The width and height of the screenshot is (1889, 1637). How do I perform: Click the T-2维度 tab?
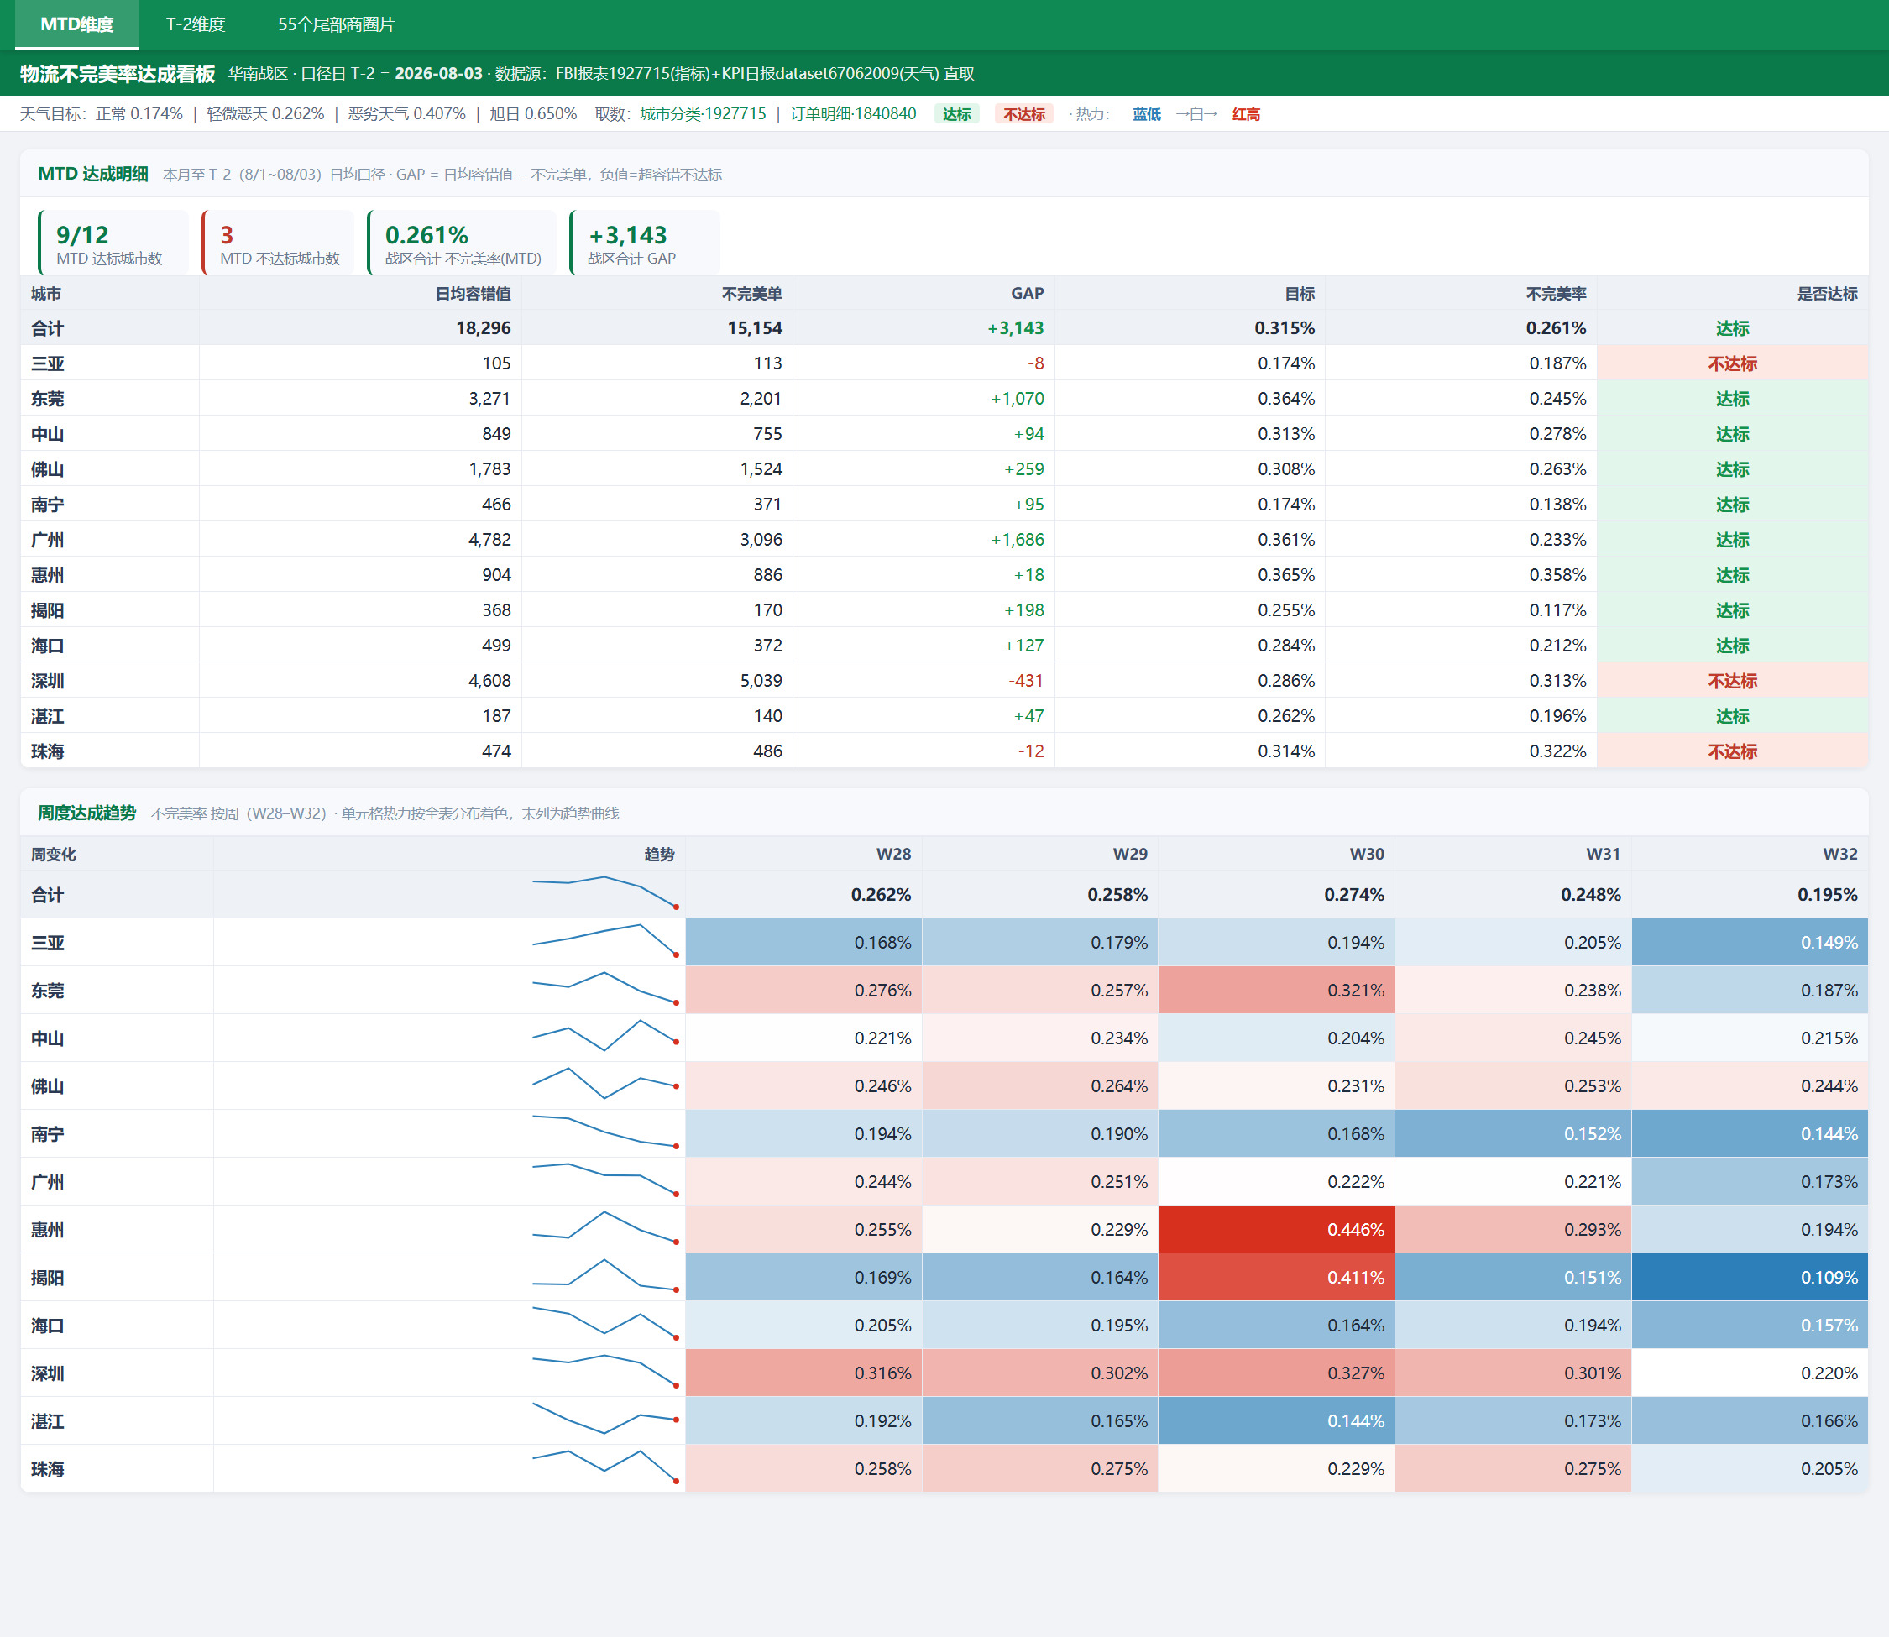pos(196,24)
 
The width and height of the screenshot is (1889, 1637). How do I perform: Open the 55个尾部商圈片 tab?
pos(336,24)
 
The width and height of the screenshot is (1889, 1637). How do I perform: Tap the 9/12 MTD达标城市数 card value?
pos(82,235)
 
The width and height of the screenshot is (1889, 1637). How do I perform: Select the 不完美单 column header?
pos(751,293)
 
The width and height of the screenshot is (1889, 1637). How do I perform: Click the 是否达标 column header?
pos(1827,293)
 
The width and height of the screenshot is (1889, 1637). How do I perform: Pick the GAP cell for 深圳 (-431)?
pos(1026,681)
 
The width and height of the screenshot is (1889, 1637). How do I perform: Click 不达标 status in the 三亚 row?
pos(1732,363)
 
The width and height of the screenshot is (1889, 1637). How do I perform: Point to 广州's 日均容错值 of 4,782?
pos(489,540)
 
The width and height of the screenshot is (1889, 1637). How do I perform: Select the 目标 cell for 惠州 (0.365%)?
pos(1286,574)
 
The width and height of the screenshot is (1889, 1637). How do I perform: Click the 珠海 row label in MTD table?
pos(48,751)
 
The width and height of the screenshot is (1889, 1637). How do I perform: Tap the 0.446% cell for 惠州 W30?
pos(1276,1230)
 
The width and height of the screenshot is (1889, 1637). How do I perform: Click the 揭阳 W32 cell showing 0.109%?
pos(1750,1277)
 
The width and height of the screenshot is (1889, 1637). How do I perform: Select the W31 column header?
pos(1603,854)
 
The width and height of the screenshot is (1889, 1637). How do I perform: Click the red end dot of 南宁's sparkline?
pos(676,1146)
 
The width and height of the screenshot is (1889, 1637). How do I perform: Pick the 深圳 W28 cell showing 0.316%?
pos(803,1373)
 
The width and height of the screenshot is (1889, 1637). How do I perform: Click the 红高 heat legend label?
pos(1246,114)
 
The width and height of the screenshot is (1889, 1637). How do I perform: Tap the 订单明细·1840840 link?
pos(853,114)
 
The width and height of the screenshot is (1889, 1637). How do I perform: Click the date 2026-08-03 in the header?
pos(438,74)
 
